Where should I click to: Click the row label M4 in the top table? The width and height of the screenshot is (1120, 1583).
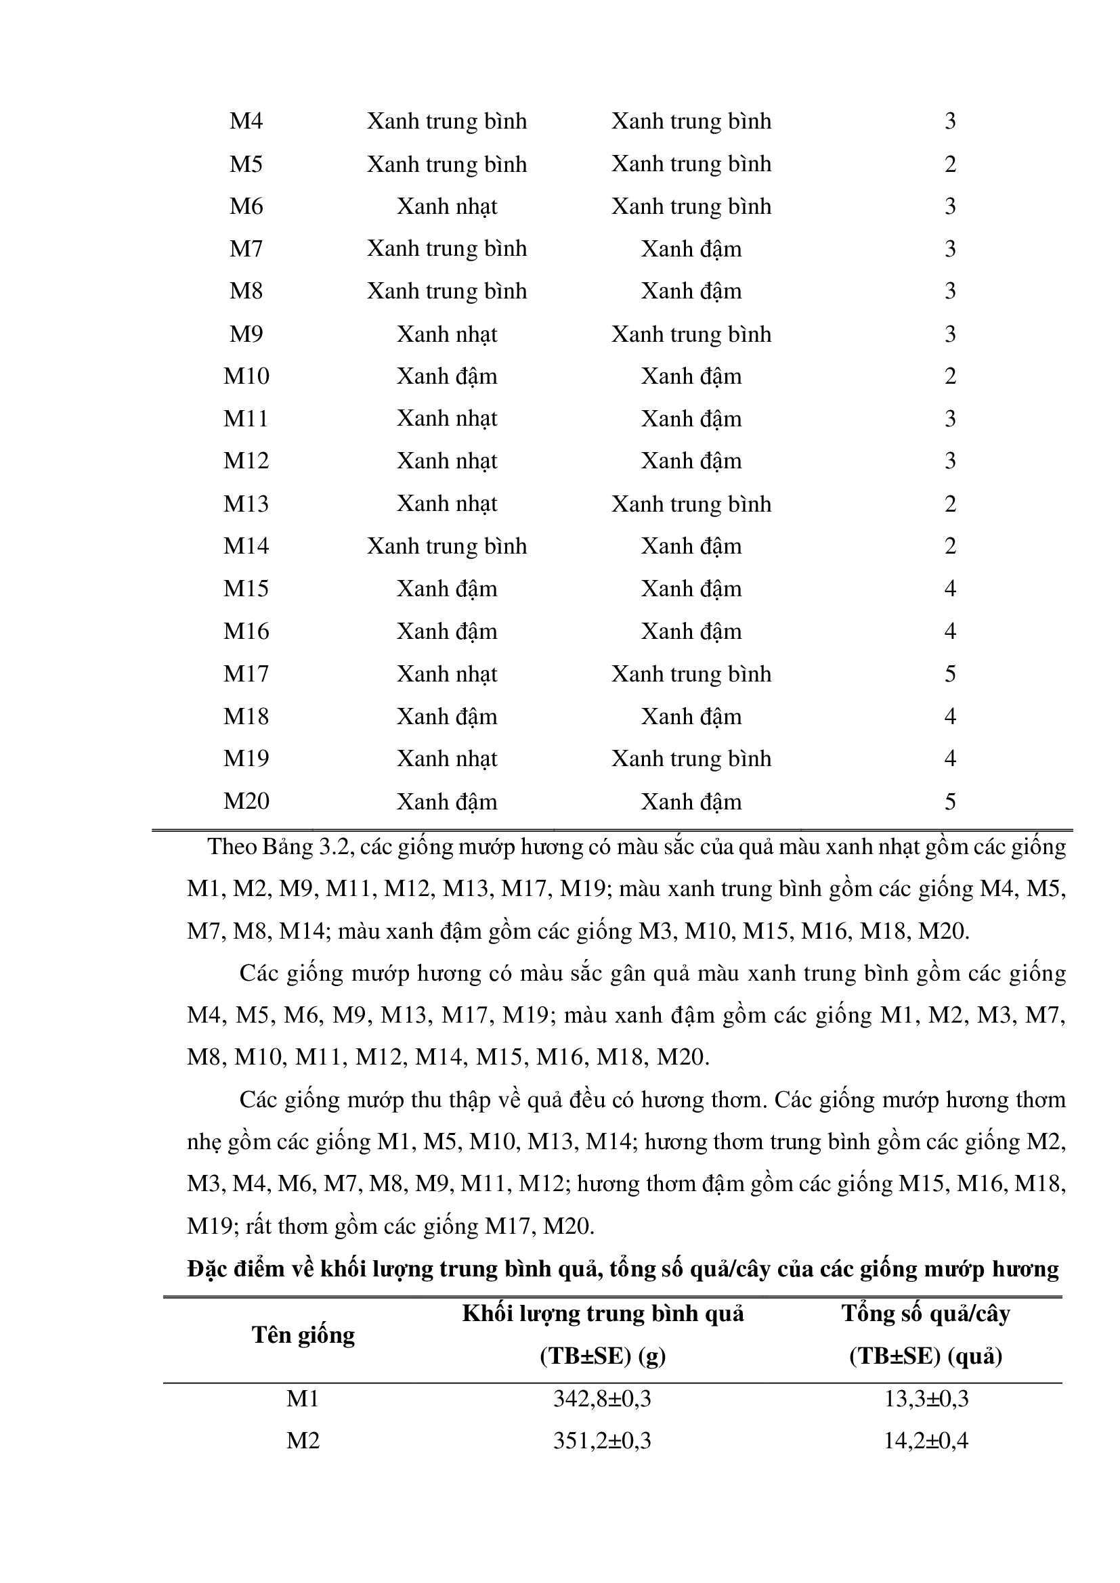(x=246, y=121)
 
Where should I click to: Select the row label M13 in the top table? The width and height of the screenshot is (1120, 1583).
(x=246, y=504)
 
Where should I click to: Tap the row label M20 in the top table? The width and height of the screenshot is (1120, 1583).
(x=246, y=801)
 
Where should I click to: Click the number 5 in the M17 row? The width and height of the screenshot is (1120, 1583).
(x=949, y=673)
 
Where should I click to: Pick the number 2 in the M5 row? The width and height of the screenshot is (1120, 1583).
(x=949, y=164)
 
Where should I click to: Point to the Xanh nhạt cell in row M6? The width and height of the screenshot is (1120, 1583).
(x=447, y=207)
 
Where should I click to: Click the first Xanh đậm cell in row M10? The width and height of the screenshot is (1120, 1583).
(x=447, y=376)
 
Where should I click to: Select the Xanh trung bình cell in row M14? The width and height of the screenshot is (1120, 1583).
(x=447, y=546)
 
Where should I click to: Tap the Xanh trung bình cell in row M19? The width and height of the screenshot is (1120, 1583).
(x=691, y=759)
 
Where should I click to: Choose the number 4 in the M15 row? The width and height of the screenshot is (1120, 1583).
(x=949, y=589)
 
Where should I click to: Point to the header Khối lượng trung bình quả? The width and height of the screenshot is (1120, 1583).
(x=603, y=1314)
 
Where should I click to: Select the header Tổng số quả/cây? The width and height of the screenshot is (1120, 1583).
(x=926, y=1314)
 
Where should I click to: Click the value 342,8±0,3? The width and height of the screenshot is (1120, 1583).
(x=602, y=1399)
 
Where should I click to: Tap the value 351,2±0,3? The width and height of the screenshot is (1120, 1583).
(x=602, y=1441)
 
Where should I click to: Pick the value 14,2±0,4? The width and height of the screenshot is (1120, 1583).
(x=926, y=1441)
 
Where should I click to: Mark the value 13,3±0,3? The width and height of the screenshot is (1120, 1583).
(x=926, y=1399)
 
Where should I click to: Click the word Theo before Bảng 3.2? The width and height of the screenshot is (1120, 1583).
(x=232, y=847)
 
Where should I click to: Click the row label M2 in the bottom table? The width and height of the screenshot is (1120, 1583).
(x=303, y=1441)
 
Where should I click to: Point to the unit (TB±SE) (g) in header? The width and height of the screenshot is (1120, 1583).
(x=602, y=1357)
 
